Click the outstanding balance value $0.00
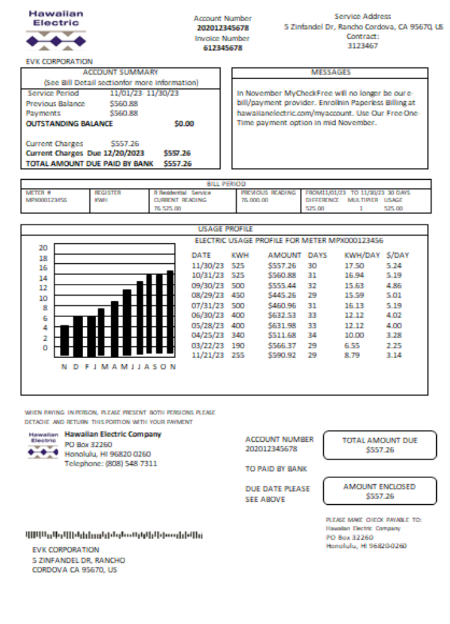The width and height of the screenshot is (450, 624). click(184, 124)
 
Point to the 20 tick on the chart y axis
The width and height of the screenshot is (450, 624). click(42, 247)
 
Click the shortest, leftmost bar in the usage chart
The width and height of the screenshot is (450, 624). click(64, 339)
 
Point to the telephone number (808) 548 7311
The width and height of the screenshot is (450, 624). click(111, 464)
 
